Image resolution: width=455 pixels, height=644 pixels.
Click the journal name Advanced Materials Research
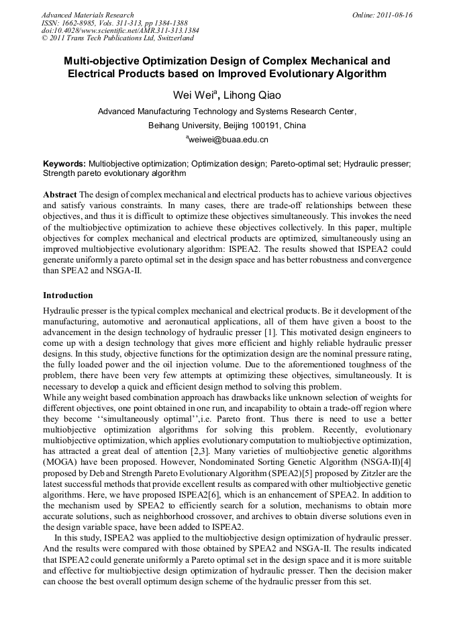[87, 15]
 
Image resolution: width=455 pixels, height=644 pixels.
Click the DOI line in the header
[119, 31]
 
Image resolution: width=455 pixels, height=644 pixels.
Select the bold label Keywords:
[64, 163]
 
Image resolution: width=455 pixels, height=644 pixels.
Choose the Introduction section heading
[68, 295]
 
